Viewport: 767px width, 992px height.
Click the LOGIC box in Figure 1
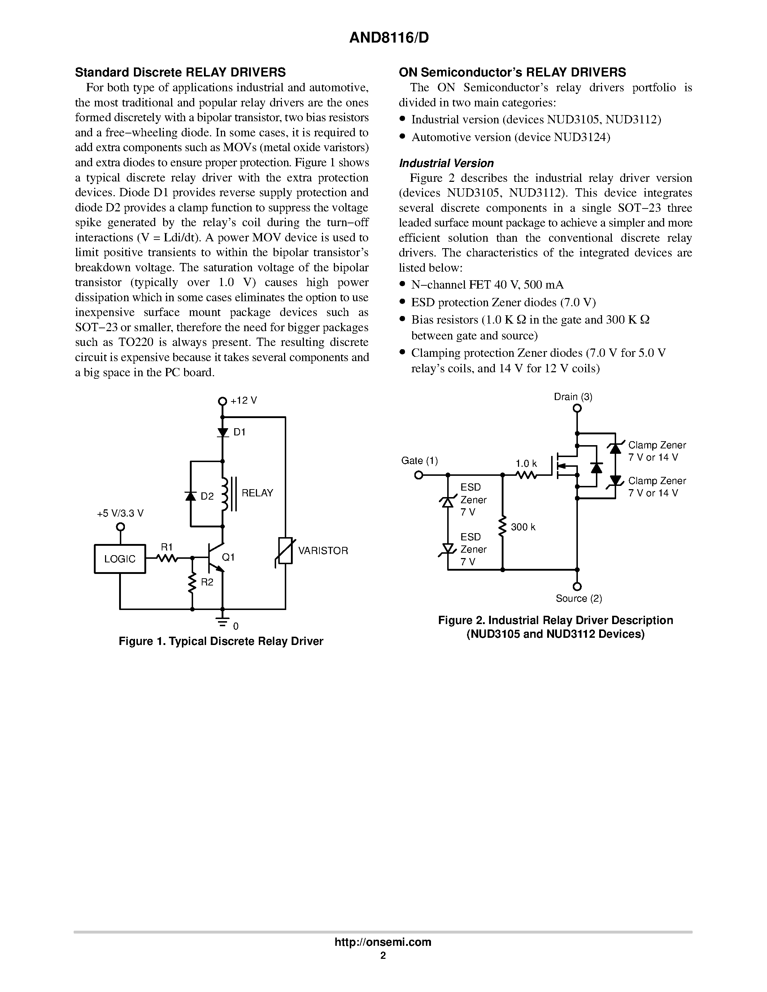[120, 559]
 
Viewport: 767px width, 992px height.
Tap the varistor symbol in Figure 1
[286, 550]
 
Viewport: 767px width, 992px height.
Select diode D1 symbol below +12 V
[222, 432]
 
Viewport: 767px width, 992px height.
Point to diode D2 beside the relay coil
[190, 496]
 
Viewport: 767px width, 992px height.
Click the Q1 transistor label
[228, 557]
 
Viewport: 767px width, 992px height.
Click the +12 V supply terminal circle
[222, 401]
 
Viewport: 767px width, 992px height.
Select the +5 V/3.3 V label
[120, 513]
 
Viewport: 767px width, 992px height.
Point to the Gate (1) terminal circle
[418, 475]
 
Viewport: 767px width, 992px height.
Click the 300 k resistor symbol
[502, 527]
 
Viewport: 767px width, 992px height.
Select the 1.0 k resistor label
[526, 463]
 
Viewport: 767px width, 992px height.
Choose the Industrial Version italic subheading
[446, 163]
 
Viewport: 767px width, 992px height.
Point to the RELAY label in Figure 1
[257, 493]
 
